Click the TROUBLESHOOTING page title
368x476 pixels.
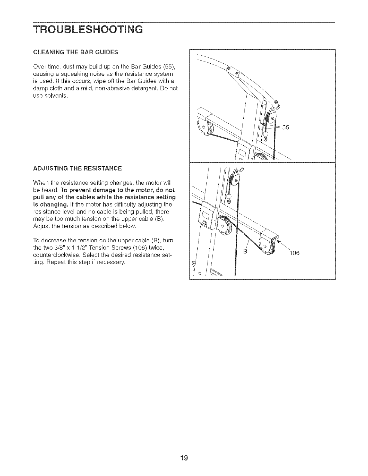88,29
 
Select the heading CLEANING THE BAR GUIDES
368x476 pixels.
76,52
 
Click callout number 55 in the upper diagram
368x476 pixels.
286,127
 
